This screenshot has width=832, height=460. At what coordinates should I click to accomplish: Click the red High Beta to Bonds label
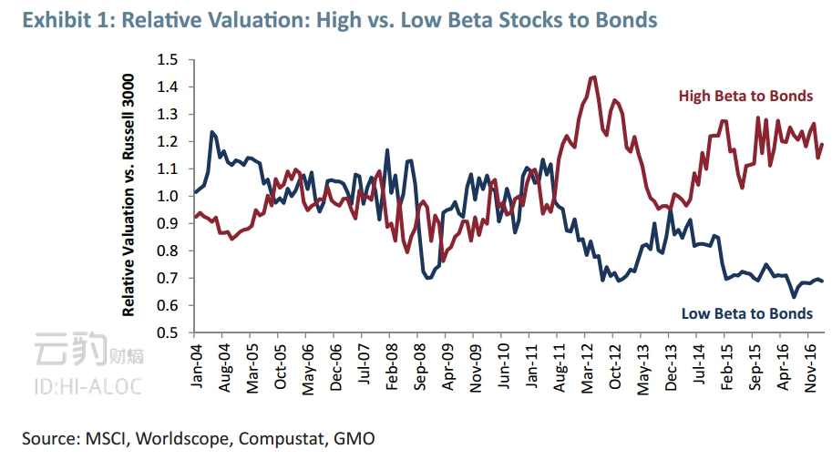point(745,96)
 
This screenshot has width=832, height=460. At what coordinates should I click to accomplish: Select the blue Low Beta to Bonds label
point(746,313)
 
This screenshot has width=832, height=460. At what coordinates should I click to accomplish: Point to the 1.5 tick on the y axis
point(168,60)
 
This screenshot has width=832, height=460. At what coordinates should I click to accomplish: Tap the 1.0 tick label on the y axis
point(168,196)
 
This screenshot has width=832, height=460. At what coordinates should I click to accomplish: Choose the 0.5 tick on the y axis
point(168,332)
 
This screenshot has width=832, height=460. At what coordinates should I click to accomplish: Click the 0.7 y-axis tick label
point(168,278)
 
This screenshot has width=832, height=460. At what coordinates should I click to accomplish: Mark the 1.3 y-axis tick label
point(168,115)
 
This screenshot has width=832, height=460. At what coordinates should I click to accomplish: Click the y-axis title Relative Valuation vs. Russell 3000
point(129,196)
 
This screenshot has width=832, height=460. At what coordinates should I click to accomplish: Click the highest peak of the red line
point(594,77)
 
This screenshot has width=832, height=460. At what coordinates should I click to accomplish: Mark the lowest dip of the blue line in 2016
point(794,297)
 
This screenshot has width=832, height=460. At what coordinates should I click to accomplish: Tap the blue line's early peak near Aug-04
point(212,132)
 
